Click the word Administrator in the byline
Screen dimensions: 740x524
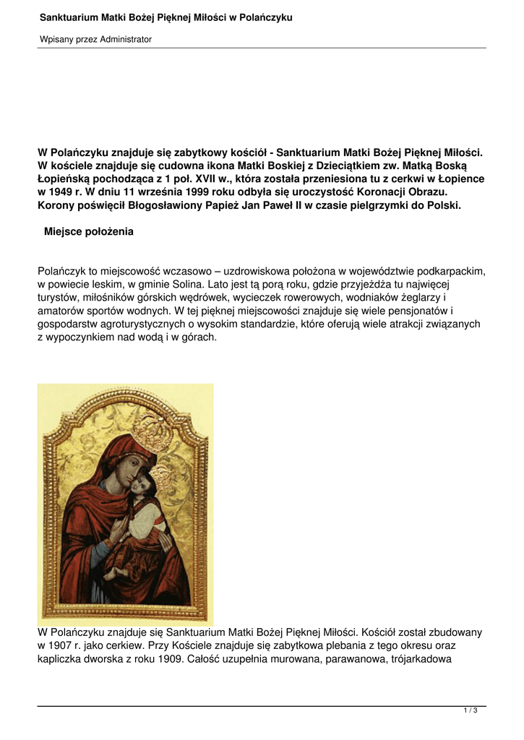[x=124, y=39]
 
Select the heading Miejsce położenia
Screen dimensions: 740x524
[x=89, y=232]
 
